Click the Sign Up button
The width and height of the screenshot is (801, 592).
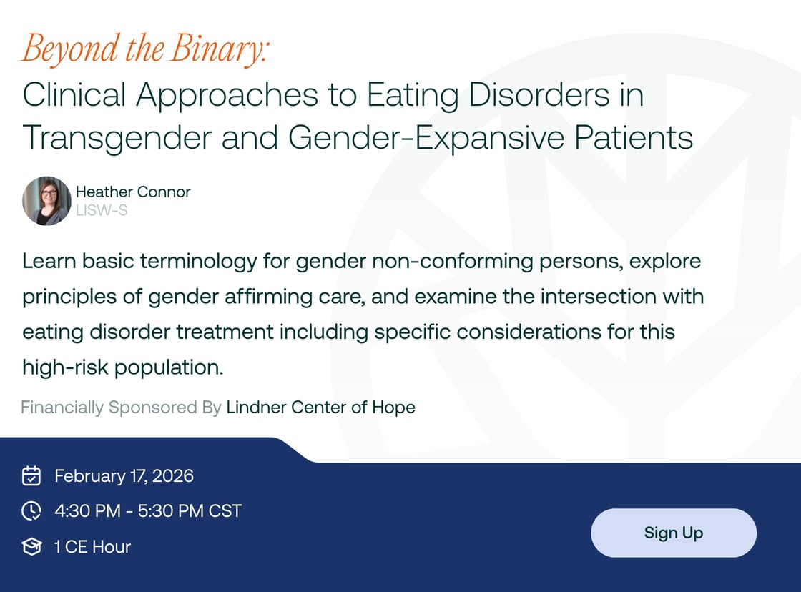point(673,533)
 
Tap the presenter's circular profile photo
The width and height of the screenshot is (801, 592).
point(46,201)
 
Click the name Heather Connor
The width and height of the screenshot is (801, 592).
point(133,192)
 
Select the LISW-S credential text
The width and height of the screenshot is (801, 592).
point(102,210)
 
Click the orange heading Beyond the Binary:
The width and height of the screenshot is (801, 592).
point(145,49)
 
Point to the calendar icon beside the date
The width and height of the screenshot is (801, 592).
point(31,475)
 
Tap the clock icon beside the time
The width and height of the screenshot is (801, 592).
point(31,511)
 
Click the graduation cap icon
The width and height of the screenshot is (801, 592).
point(31,547)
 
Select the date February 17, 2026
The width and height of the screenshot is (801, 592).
point(124,475)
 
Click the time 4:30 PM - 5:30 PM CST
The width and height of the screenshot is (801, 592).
point(148,511)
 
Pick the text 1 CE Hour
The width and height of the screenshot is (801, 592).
point(92,547)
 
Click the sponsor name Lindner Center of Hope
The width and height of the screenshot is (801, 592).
point(320,408)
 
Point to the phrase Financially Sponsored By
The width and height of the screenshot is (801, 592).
point(121,408)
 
